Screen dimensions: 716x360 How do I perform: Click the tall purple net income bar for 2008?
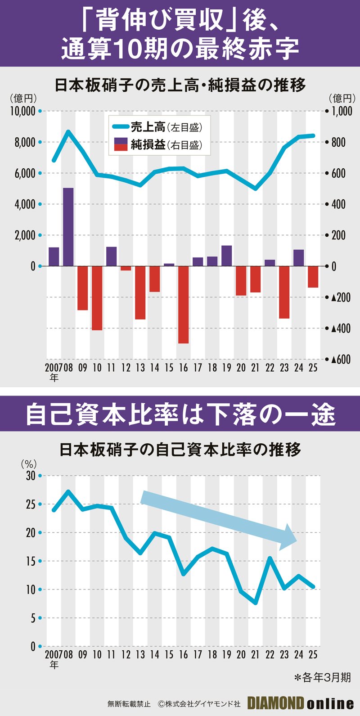tap(68, 227)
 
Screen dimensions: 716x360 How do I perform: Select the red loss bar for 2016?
tap(183, 305)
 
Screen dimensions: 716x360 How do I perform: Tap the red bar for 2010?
tap(97, 298)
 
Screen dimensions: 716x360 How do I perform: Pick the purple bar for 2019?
tap(226, 256)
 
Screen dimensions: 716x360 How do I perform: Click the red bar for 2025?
tap(313, 277)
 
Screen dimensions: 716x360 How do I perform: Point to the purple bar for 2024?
tap(298, 258)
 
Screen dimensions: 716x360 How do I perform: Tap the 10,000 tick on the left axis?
tap(22, 111)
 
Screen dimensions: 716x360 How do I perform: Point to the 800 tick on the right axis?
tap(338, 143)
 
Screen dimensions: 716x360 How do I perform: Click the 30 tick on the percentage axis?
tap(31, 476)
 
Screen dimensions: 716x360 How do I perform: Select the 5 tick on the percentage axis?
tap(33, 618)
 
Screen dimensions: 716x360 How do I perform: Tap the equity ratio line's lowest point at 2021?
tap(256, 602)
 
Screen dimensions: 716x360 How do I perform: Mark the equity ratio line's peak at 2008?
tap(68, 491)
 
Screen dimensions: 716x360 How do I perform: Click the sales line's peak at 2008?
tap(68, 132)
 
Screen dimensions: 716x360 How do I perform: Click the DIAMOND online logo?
tap(301, 703)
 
